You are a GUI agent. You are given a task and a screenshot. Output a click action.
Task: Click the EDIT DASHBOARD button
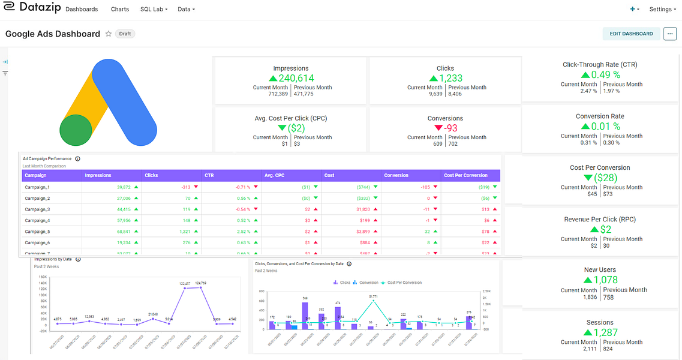[631, 34]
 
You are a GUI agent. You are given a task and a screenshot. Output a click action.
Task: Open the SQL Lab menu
[154, 10]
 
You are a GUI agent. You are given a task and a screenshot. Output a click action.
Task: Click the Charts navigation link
[120, 10]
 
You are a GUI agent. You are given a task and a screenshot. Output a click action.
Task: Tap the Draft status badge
[125, 34]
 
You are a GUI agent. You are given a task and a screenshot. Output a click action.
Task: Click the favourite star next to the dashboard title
[109, 34]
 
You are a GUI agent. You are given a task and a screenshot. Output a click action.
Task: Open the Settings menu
[662, 10]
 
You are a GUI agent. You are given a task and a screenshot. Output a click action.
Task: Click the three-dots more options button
[670, 34]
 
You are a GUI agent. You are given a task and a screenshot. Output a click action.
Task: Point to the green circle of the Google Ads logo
[76, 130]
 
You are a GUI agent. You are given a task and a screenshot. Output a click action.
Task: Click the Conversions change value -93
[450, 128]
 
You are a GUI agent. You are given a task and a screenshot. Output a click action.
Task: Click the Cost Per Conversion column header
[465, 175]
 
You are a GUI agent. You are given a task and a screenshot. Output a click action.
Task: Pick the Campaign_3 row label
[37, 209]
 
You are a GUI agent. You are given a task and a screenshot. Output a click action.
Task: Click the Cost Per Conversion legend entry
[404, 282]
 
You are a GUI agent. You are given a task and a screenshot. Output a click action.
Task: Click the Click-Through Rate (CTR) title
[600, 65]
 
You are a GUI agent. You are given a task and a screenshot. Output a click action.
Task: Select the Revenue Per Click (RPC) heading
[600, 220]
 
